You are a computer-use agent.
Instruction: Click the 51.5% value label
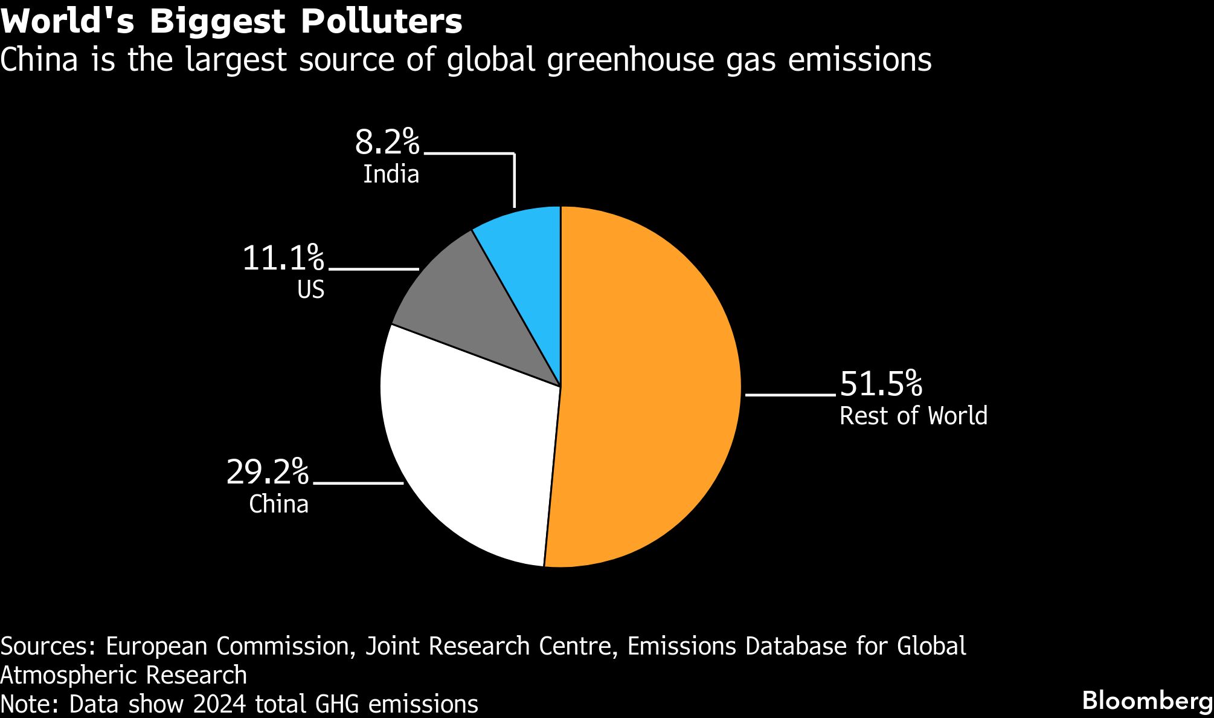click(881, 384)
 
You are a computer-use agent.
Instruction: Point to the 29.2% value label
click(267, 472)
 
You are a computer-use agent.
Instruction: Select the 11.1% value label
click(283, 258)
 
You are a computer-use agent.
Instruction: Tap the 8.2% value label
click(387, 143)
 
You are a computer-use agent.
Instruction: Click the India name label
click(391, 174)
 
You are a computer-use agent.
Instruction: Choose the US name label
click(311, 290)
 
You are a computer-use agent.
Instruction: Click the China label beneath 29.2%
click(279, 504)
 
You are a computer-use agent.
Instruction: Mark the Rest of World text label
click(913, 416)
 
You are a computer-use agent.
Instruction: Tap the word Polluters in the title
click(382, 23)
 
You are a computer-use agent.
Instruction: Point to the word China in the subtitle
click(39, 60)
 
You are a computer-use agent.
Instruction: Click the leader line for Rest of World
click(791, 395)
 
